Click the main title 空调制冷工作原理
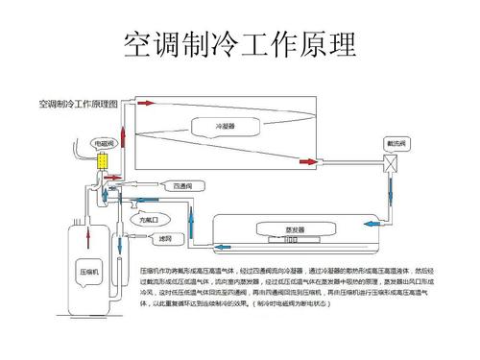tap(240, 44)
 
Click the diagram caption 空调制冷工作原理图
tap(78, 102)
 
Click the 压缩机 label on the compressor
tap(90, 275)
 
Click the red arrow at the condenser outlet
tap(305, 162)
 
